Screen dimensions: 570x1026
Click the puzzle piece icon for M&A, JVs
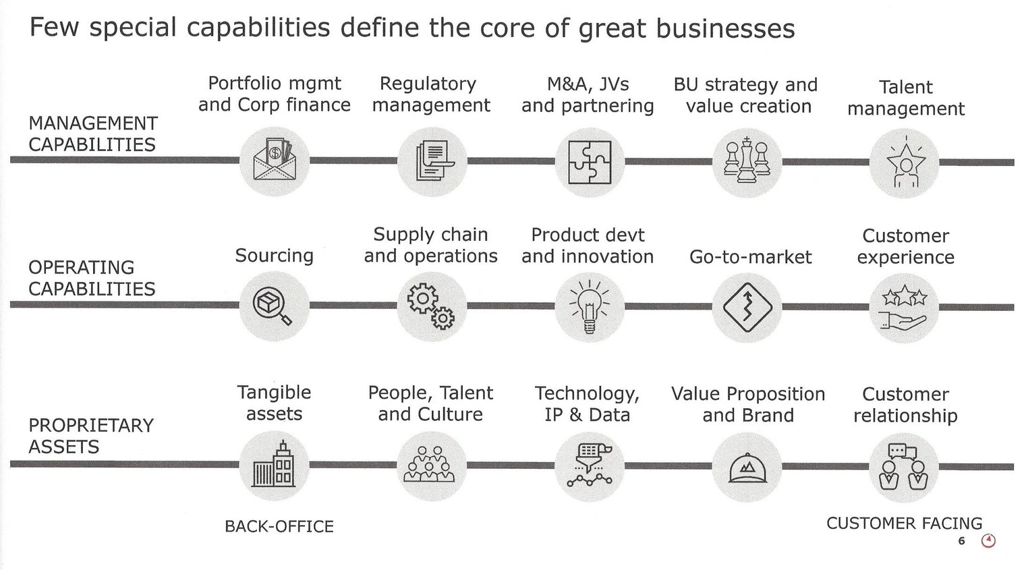pyautogui.click(x=590, y=163)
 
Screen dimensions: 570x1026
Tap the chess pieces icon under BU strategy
pyautogui.click(x=747, y=162)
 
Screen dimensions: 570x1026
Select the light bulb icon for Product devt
pyautogui.click(x=590, y=307)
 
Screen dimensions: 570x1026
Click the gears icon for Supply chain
pyautogui.click(x=432, y=307)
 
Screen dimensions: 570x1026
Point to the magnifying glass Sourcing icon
pyautogui.click(x=274, y=306)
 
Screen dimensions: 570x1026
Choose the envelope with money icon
pyautogui.click(x=274, y=161)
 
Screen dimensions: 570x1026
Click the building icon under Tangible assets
pyautogui.click(x=274, y=465)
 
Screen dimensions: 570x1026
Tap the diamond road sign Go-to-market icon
pyautogui.click(x=747, y=308)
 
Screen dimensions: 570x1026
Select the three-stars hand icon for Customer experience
pyautogui.click(x=904, y=308)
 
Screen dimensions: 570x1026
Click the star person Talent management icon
pyautogui.click(x=904, y=163)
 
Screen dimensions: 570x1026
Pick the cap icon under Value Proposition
pyautogui.click(x=747, y=467)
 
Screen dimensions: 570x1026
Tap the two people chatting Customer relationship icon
pyautogui.click(x=904, y=467)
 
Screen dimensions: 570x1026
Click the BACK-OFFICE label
pyautogui.click(x=279, y=527)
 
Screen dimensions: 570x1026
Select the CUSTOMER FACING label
pyautogui.click(x=904, y=523)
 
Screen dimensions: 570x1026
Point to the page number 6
pyautogui.click(x=961, y=541)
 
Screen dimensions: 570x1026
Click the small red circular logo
pyautogui.click(x=988, y=541)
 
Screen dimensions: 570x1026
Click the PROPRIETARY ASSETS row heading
pyautogui.click(x=91, y=436)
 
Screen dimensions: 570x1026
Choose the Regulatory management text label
pyautogui.click(x=430, y=94)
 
